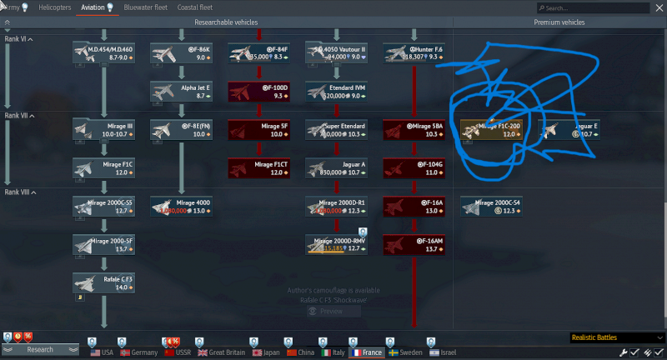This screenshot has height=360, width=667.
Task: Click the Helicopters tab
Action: click(55, 7)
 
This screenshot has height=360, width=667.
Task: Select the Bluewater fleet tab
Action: click(146, 7)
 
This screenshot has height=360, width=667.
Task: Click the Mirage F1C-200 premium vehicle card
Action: click(491, 129)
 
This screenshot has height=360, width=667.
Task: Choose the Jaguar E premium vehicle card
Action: click(569, 129)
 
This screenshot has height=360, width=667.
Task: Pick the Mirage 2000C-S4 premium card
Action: click(491, 206)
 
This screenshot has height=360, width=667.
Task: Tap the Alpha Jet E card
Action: click(181, 91)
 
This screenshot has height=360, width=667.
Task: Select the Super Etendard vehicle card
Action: click(336, 129)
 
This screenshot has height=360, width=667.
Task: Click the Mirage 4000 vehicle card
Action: click(181, 206)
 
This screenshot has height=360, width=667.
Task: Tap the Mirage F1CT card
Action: click(258, 167)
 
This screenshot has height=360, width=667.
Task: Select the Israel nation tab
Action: click(444, 352)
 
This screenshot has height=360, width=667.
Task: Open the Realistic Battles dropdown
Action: click(613, 337)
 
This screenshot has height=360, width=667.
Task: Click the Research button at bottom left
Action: click(39, 350)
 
